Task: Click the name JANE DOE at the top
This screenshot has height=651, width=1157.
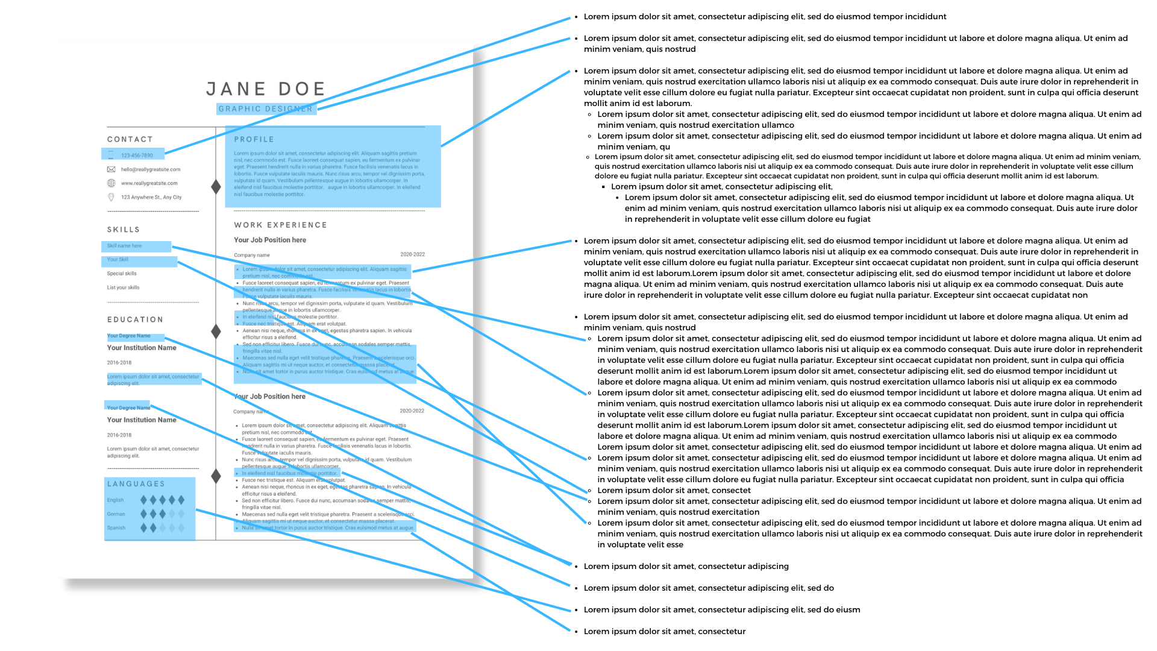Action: [266, 89]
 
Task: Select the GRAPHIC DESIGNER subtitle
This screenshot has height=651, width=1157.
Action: [265, 109]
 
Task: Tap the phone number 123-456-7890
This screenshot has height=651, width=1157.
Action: [137, 156]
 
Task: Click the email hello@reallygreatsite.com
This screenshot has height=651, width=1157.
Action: [150, 169]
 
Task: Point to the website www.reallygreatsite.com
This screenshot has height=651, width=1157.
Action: [149, 183]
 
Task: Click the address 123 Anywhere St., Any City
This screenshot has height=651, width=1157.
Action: [151, 197]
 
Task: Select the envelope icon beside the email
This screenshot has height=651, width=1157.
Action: [111, 169]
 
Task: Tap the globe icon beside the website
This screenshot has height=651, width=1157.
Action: [111, 183]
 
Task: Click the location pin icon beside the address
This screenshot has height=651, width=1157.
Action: [111, 197]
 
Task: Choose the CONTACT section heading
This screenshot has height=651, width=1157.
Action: [130, 139]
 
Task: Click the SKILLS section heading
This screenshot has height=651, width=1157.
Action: [124, 230]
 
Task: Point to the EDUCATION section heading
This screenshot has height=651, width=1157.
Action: [135, 319]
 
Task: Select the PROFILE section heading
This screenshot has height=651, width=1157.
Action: [254, 139]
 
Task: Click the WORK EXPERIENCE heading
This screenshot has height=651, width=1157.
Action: [280, 225]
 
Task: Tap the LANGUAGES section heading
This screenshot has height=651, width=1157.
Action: [136, 484]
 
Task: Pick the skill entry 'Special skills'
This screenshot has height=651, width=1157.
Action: [122, 274]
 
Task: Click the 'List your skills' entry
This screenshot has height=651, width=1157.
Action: [123, 288]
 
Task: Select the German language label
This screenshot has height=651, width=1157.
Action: [116, 514]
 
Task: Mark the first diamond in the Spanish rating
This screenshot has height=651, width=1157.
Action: [143, 528]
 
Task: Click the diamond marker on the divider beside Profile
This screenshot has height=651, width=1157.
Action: [216, 187]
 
